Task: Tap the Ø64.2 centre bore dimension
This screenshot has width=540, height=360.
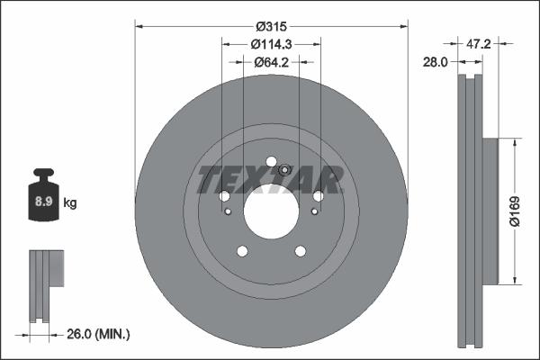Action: click(270, 62)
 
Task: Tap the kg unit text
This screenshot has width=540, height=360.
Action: click(70, 203)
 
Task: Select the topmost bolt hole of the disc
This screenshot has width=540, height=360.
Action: click(270, 162)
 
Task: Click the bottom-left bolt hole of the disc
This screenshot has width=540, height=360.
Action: click(241, 251)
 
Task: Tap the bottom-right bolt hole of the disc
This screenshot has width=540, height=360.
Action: click(300, 251)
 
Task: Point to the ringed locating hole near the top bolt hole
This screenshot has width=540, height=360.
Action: click(284, 171)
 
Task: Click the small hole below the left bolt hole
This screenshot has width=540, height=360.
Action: click(227, 211)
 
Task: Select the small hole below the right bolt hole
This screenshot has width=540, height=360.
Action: click(313, 211)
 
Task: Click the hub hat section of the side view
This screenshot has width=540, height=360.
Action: click(490, 211)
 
